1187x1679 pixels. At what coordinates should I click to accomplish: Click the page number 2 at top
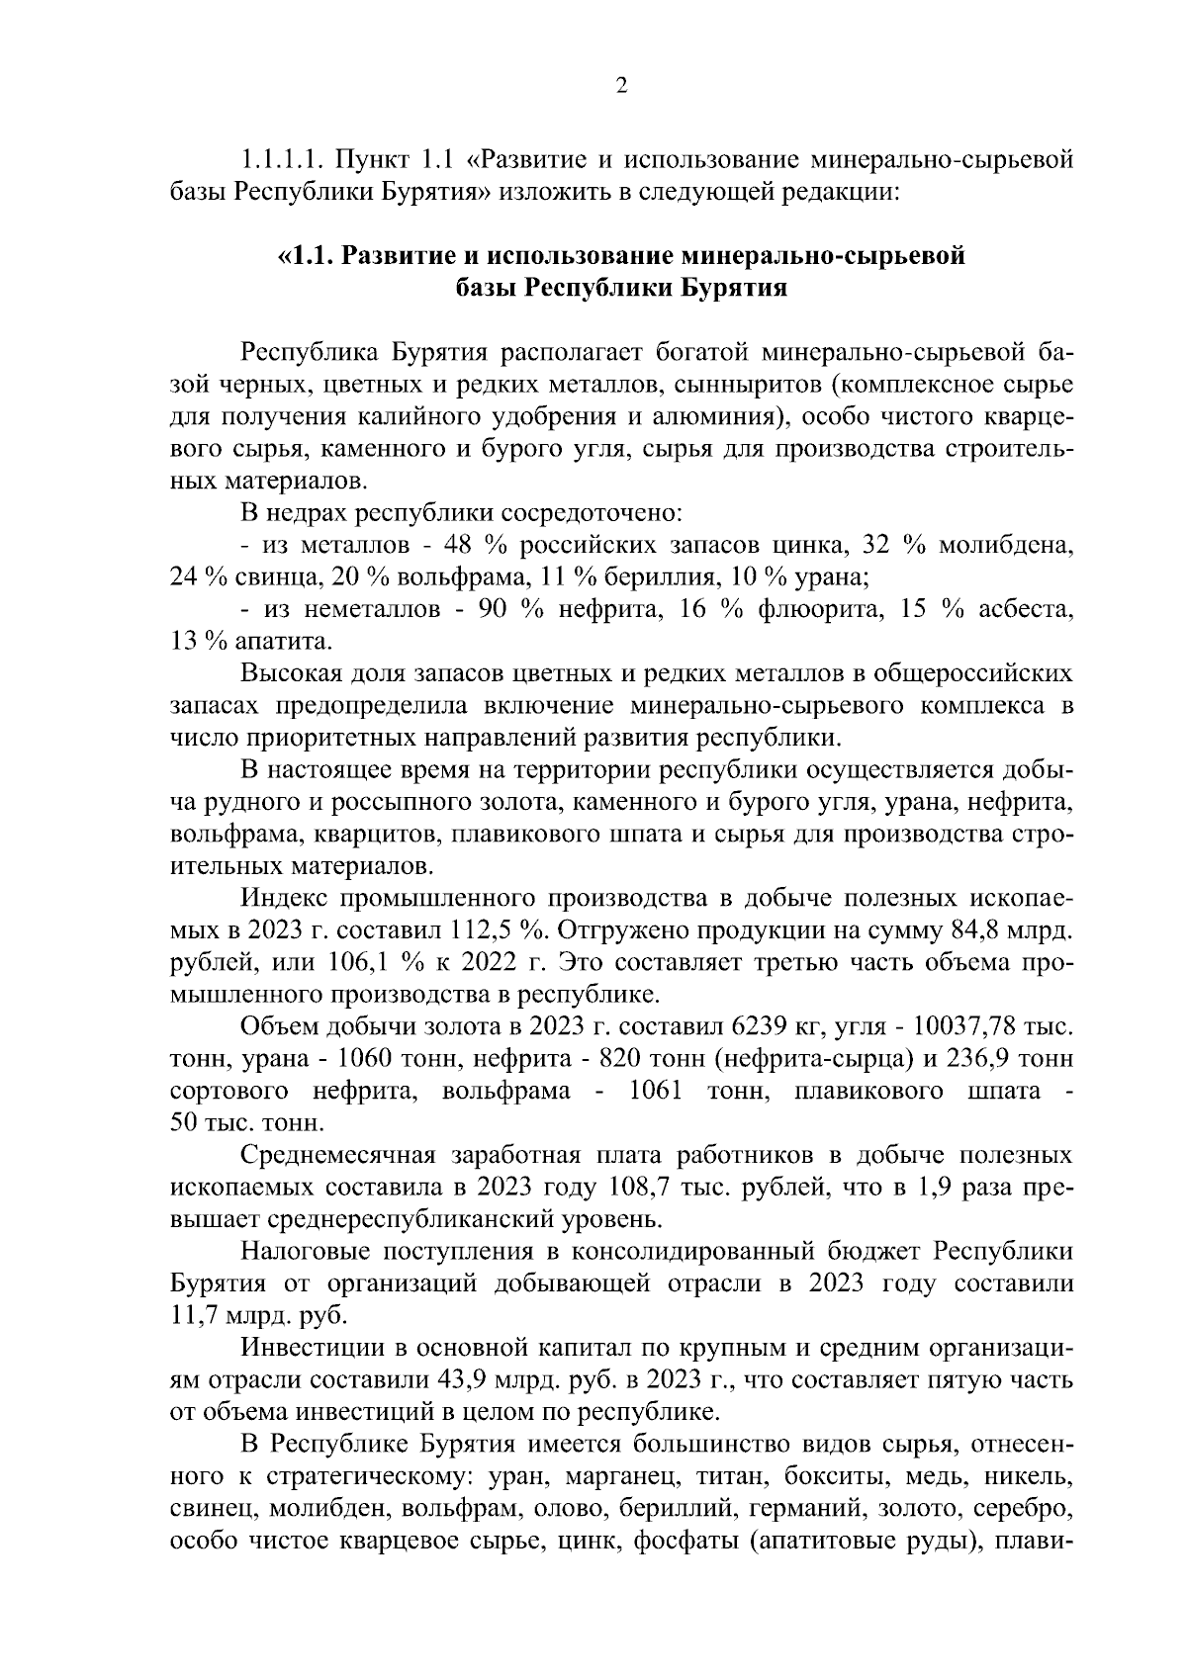(x=621, y=86)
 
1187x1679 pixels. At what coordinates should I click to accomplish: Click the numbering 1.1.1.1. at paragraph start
(x=282, y=158)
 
